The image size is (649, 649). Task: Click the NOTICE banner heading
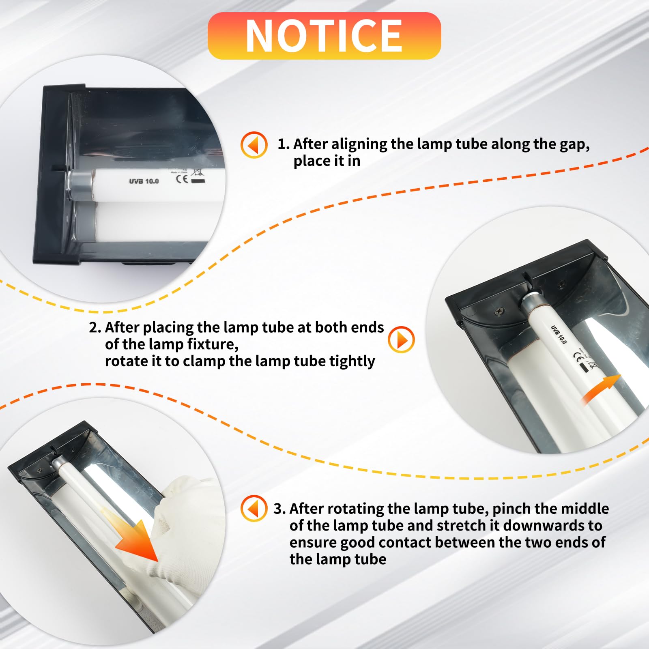coord(324,36)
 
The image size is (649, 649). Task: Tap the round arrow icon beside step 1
coord(254,144)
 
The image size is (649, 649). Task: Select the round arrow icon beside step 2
coord(401,340)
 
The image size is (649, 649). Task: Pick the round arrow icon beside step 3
coord(254,508)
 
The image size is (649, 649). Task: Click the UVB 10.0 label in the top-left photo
coord(144,181)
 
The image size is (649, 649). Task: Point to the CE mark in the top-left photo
coord(182,179)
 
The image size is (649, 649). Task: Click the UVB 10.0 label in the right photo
coord(559,334)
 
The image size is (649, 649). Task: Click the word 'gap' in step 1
coord(575,145)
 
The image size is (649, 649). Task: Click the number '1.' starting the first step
coord(284,144)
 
